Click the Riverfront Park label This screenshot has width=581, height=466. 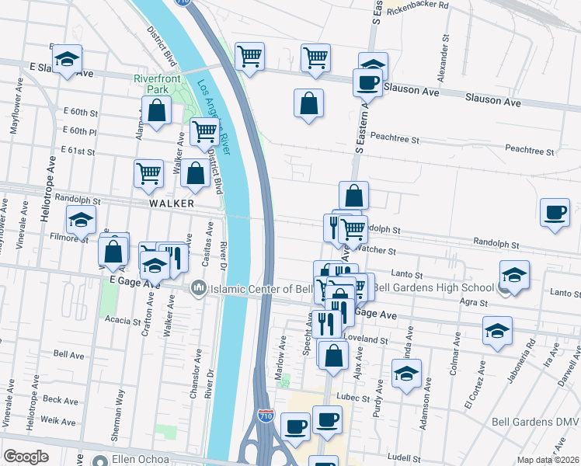point(158,83)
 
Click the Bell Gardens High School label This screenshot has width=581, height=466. point(433,288)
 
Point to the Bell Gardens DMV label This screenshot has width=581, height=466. point(536,422)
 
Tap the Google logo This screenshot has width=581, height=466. point(26,457)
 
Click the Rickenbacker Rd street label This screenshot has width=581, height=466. point(418,6)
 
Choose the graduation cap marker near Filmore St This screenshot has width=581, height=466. point(81,221)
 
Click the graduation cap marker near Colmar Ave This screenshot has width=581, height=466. point(497,332)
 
